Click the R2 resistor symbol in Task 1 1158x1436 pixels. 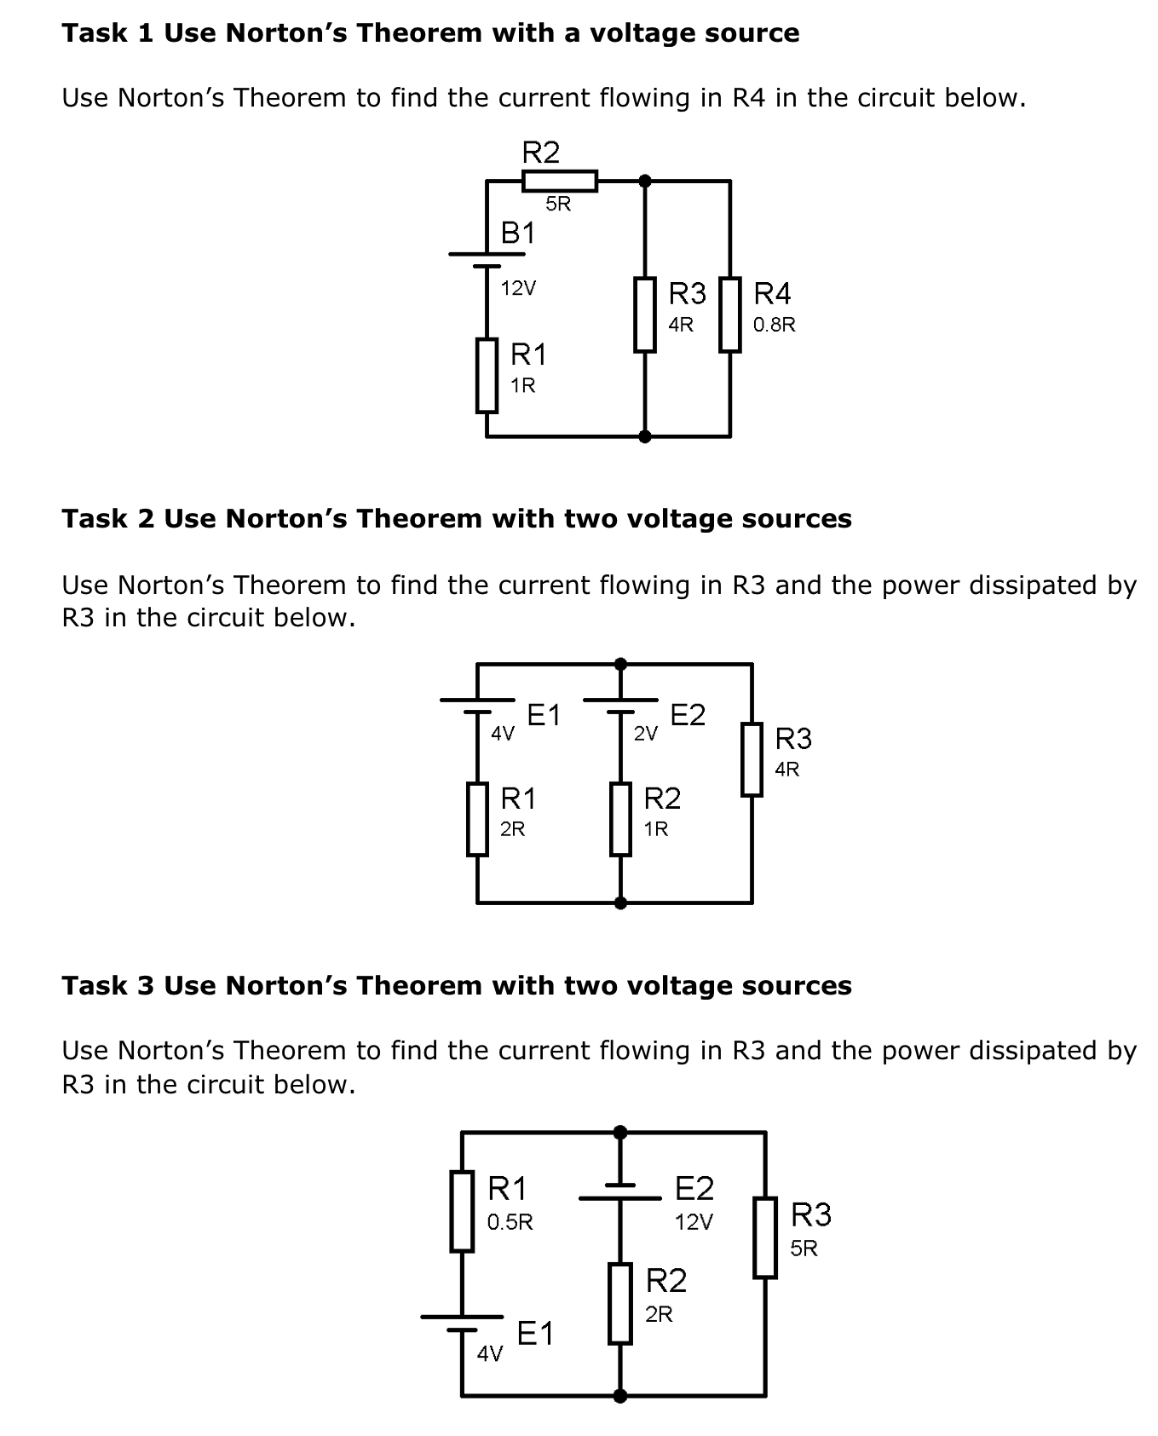pos(559,181)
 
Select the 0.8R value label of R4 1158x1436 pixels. pos(774,325)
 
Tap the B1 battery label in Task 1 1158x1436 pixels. pos(518,233)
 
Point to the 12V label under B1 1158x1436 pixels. pos(518,288)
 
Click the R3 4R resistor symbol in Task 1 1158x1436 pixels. pos(645,314)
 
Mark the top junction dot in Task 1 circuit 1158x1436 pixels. pos(645,181)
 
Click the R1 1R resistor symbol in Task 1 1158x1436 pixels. pos(487,375)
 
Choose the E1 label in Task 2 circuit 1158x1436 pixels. pos(544,715)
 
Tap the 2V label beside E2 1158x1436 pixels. pos(646,733)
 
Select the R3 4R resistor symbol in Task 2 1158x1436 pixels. pos(752,758)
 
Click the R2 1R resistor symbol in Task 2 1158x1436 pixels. pos(620,818)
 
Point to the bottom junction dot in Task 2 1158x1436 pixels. pos(620,903)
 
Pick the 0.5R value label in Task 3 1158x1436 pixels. pos(510,1222)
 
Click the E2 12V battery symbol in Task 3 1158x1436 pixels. pos(620,1191)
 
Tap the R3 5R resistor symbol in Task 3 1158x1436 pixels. pos(765,1237)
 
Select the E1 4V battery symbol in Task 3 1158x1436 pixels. pos(462,1322)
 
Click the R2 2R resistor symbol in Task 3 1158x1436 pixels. pos(620,1304)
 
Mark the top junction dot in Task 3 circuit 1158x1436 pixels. pos(620,1132)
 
